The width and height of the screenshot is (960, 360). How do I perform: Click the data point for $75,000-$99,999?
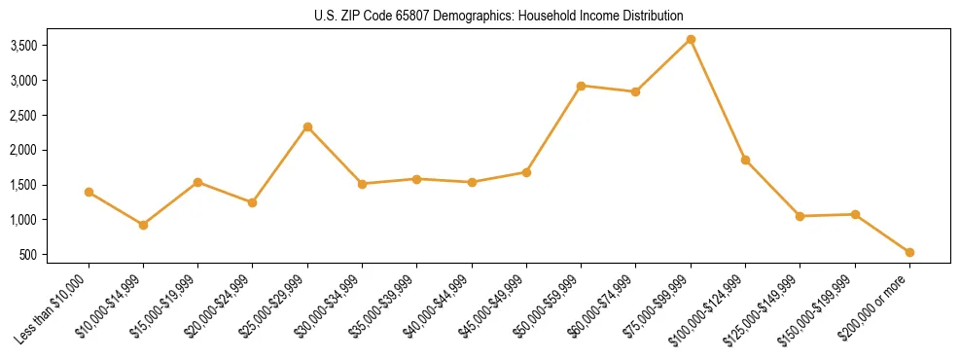(691, 39)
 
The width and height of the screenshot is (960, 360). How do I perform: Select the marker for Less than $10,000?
(89, 192)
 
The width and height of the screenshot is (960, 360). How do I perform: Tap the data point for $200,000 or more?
(909, 252)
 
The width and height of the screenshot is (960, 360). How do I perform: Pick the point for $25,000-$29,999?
(307, 126)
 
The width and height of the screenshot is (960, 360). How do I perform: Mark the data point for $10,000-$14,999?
(143, 225)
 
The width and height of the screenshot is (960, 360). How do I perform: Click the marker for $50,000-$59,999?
(581, 86)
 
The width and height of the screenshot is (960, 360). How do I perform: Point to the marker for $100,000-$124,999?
(745, 160)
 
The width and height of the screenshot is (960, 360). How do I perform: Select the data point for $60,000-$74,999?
(635, 91)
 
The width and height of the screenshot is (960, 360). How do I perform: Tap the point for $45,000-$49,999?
(526, 172)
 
